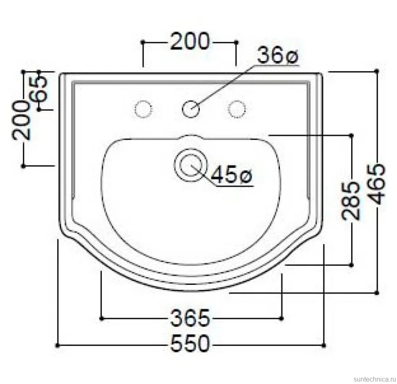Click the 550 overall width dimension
(190, 344)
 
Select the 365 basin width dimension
(190, 318)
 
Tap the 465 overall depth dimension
(377, 184)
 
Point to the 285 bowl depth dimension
(351, 200)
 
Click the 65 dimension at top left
(38, 89)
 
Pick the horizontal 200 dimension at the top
(190, 41)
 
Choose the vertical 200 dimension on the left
(21, 120)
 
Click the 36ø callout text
(278, 56)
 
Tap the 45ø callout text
(232, 174)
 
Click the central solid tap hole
(191, 109)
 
